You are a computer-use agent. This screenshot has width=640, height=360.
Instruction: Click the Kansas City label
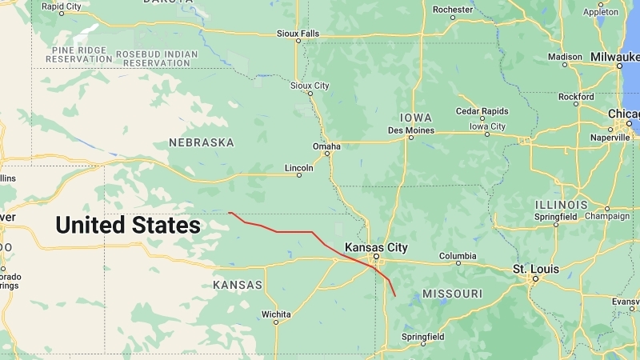(376, 248)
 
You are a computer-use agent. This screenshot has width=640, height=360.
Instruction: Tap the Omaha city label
(326, 146)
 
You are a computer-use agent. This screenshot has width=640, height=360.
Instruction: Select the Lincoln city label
(299, 168)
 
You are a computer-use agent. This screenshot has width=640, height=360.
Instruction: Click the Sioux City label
(310, 85)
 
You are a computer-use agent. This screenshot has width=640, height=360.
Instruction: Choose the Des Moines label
(410, 130)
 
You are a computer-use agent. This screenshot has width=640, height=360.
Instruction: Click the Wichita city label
(275, 314)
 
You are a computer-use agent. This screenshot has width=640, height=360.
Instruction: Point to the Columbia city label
(458, 257)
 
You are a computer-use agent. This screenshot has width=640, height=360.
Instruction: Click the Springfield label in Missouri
(422, 338)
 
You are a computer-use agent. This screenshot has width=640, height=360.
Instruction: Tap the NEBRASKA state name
(201, 142)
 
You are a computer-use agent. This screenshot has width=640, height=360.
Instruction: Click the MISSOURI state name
(452, 294)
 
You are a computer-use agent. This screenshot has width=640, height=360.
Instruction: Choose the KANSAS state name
(238, 285)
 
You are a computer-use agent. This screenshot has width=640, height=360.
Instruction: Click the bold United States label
(128, 226)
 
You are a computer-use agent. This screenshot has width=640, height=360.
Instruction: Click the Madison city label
(565, 57)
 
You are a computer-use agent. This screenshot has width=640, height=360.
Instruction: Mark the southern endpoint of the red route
(395, 297)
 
